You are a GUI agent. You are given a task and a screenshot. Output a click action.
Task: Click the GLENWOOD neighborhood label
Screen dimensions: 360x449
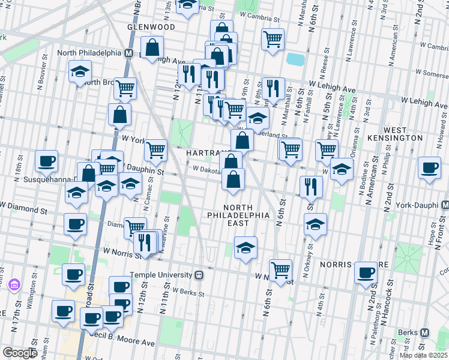[151, 27]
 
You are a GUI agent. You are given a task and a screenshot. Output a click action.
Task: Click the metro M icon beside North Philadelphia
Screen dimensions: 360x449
[128, 53]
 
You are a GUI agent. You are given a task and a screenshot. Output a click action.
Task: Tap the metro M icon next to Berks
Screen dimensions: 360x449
[424, 332]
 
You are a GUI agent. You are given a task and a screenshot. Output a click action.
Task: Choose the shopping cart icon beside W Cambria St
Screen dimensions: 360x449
[273, 39]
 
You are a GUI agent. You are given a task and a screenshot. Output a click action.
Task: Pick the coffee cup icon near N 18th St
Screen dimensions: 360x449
[46, 160]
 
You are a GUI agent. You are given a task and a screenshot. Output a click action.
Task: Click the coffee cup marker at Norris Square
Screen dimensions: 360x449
[366, 272]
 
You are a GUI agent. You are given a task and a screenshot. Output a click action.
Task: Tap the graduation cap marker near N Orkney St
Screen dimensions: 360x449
[316, 224]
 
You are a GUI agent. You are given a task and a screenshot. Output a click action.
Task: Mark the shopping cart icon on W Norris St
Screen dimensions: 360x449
[280, 270]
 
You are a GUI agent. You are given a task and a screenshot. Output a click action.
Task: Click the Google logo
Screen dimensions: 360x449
[20, 353]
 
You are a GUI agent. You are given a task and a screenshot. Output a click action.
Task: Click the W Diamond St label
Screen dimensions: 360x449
[24, 211]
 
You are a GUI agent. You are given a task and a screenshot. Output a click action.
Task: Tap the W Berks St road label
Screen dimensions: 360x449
[188, 292]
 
